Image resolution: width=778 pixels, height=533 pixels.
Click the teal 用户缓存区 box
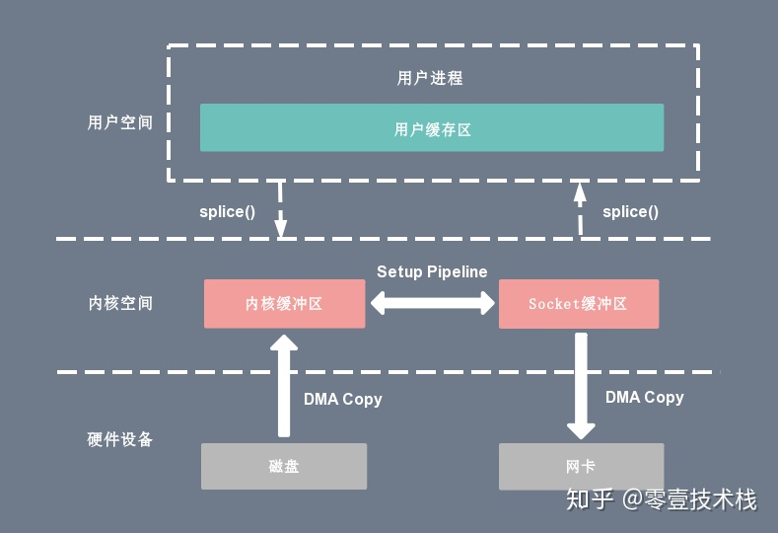[432, 128]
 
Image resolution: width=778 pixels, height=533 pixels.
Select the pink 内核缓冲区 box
[284, 304]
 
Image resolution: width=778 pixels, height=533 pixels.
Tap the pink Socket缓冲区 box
[578, 304]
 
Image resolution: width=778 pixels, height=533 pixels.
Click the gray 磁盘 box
[284, 466]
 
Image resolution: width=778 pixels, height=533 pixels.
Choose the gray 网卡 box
[581, 466]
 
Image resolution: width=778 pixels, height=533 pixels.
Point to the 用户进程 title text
[430, 78]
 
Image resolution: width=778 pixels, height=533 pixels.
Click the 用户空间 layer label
[120, 123]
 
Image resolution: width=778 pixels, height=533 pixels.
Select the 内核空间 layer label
[120, 303]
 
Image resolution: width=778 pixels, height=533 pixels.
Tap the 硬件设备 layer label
[120, 439]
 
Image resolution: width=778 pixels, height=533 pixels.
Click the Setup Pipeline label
[432, 271]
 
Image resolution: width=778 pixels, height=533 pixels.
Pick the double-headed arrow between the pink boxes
[432, 304]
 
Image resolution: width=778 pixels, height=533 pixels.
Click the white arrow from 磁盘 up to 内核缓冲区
[284, 385]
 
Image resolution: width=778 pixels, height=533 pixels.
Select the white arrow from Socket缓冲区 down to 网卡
[581, 385]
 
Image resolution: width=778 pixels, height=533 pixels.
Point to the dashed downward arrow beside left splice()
[281, 210]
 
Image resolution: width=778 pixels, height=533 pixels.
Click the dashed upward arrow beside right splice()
[580, 210]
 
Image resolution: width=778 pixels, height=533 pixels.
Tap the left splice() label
[227, 212]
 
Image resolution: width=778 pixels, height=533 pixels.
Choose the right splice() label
[630, 211]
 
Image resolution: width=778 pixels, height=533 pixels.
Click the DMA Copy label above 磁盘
[342, 400]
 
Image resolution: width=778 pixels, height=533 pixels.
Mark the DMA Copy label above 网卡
[644, 397]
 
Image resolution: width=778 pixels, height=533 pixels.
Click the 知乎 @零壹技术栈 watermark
[660, 499]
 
